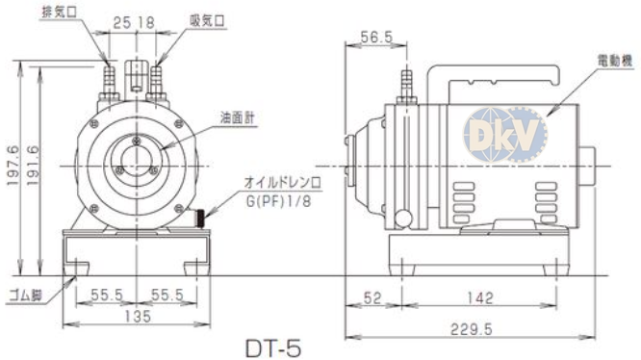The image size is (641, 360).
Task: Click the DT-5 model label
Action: tap(273, 348)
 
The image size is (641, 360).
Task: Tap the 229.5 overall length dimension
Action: tap(471, 329)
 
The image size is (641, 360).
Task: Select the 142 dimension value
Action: tap(480, 297)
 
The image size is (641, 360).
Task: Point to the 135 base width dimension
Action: tap(138, 316)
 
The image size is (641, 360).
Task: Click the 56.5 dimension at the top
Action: tap(376, 38)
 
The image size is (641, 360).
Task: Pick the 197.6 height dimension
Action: tap(13, 166)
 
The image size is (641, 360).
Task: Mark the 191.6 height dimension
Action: tap(33, 166)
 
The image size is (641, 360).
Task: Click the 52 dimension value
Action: tap(372, 297)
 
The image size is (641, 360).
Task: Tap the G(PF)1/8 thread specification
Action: tap(278, 201)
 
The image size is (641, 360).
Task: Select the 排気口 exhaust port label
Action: tap(60, 12)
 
